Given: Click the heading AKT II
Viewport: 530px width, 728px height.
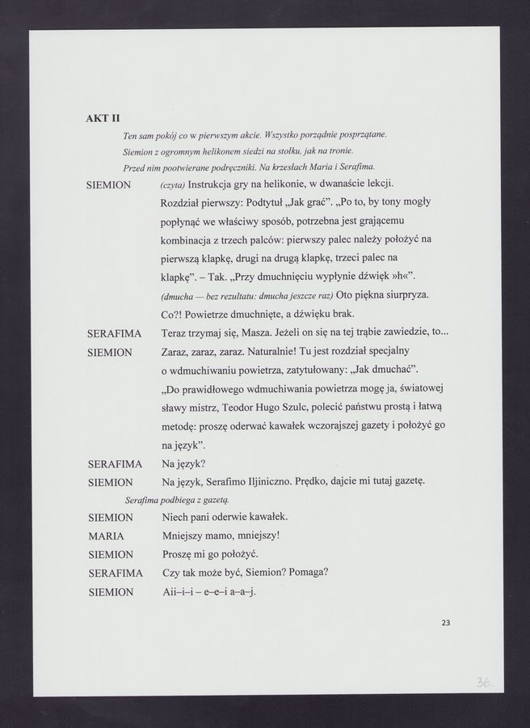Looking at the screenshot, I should [x=103, y=118].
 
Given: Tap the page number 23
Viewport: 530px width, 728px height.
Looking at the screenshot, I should [x=447, y=623].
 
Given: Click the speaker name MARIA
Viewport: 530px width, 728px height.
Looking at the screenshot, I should [x=105, y=536].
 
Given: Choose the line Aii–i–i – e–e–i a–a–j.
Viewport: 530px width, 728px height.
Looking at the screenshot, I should [x=208, y=592].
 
